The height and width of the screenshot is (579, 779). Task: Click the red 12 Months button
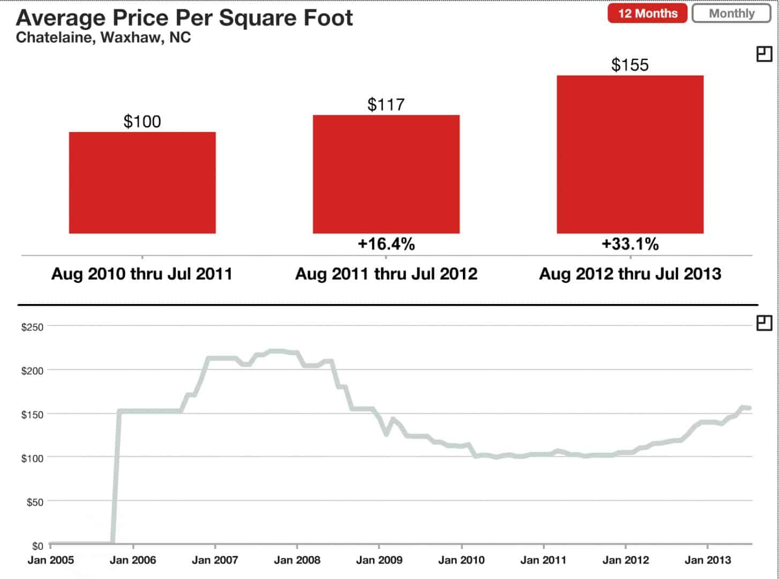tap(647, 13)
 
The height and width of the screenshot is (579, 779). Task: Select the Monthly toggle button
tap(731, 13)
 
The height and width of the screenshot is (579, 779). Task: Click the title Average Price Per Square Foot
tap(184, 18)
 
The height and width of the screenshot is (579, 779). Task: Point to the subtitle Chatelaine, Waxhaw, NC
tap(103, 38)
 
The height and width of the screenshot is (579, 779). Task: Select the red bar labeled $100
tap(142, 182)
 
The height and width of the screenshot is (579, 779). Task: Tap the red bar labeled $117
tap(386, 174)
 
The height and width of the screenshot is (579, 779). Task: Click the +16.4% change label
tap(386, 244)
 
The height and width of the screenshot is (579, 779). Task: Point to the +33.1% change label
tap(630, 244)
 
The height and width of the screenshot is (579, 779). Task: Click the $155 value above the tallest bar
tap(630, 65)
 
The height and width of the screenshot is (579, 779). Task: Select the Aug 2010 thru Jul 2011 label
tap(142, 274)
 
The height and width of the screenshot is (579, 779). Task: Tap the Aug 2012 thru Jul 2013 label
tap(630, 274)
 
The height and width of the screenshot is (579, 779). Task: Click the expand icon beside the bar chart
tap(764, 54)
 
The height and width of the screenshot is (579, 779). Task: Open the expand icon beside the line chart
tap(764, 323)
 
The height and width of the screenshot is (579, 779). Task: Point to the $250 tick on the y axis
tap(32, 326)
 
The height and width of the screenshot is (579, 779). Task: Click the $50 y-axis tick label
tap(34, 502)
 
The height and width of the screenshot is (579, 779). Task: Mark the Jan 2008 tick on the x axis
tap(297, 560)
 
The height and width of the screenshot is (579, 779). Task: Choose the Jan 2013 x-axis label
tap(708, 560)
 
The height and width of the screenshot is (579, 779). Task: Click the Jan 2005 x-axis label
tap(50, 560)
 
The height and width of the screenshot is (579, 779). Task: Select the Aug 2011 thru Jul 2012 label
tap(386, 274)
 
